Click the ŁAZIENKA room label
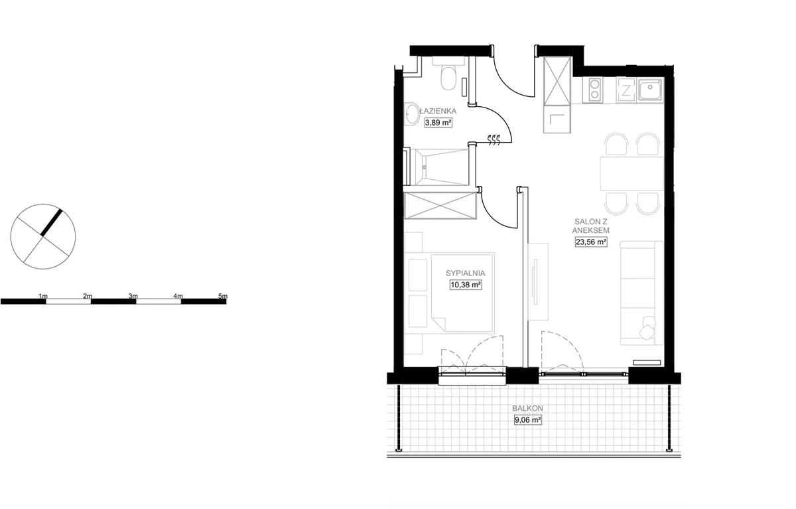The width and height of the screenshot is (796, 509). [437, 111]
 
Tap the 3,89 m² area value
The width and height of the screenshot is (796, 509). [438, 123]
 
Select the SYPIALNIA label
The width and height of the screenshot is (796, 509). [466, 273]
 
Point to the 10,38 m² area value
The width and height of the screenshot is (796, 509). [466, 285]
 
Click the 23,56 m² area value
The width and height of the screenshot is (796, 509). [591, 242]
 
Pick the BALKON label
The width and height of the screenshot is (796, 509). [528, 408]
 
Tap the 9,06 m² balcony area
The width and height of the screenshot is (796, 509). [528, 420]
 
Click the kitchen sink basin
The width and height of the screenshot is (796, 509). [650, 90]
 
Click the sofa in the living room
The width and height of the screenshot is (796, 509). [641, 293]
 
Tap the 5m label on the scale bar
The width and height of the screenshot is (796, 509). [223, 296]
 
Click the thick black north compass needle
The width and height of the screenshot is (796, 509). [52, 222]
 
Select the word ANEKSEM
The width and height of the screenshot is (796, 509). [590, 230]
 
